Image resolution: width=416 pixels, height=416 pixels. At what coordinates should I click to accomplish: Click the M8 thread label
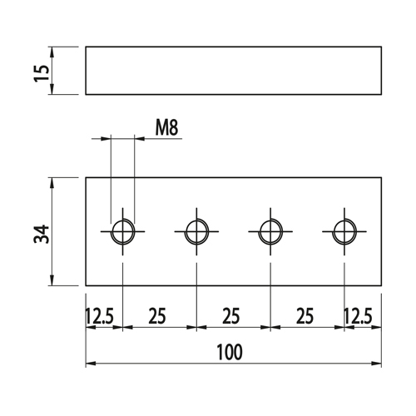(x=166, y=128)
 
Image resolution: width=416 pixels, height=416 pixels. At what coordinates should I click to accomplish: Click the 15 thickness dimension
(x=42, y=73)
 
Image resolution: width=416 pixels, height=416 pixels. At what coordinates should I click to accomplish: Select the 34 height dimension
(x=42, y=235)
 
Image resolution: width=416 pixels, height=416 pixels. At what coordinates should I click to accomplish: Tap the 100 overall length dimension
(x=230, y=352)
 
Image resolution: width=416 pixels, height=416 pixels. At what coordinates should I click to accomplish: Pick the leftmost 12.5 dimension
(x=99, y=316)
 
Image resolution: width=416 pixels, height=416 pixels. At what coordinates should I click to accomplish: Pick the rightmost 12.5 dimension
(x=358, y=316)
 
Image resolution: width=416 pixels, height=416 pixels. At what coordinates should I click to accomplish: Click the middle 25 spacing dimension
(x=230, y=316)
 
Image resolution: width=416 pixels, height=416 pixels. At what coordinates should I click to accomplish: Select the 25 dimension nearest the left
(x=157, y=316)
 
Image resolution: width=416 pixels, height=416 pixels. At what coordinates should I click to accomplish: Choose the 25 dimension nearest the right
(x=305, y=316)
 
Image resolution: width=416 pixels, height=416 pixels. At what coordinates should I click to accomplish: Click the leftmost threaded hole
(x=111, y=231)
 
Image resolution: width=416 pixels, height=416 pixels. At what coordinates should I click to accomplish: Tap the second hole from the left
(x=186, y=231)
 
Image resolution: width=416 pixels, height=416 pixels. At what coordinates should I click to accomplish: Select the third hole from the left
(x=259, y=231)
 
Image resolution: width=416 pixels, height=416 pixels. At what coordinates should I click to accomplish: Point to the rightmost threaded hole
(x=333, y=231)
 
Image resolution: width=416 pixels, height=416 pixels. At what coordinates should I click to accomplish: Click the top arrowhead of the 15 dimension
(x=52, y=52)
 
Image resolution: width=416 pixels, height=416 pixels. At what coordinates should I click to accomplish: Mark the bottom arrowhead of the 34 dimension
(x=52, y=280)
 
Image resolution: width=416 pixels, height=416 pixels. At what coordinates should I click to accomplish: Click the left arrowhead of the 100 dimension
(x=91, y=363)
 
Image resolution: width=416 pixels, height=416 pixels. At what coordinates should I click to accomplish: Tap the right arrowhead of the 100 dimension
(x=377, y=363)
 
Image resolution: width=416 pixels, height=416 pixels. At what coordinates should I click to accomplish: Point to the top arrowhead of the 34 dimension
(x=52, y=182)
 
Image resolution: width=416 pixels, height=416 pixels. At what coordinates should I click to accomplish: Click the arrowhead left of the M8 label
(x=106, y=138)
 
